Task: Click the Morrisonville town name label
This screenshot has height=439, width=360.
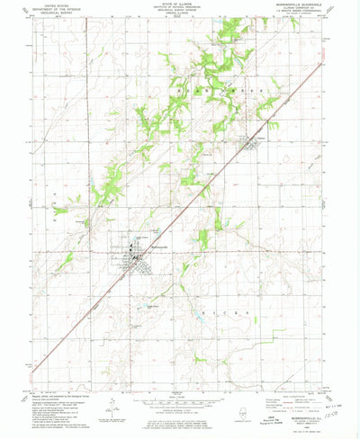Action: (x=153, y=246)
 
